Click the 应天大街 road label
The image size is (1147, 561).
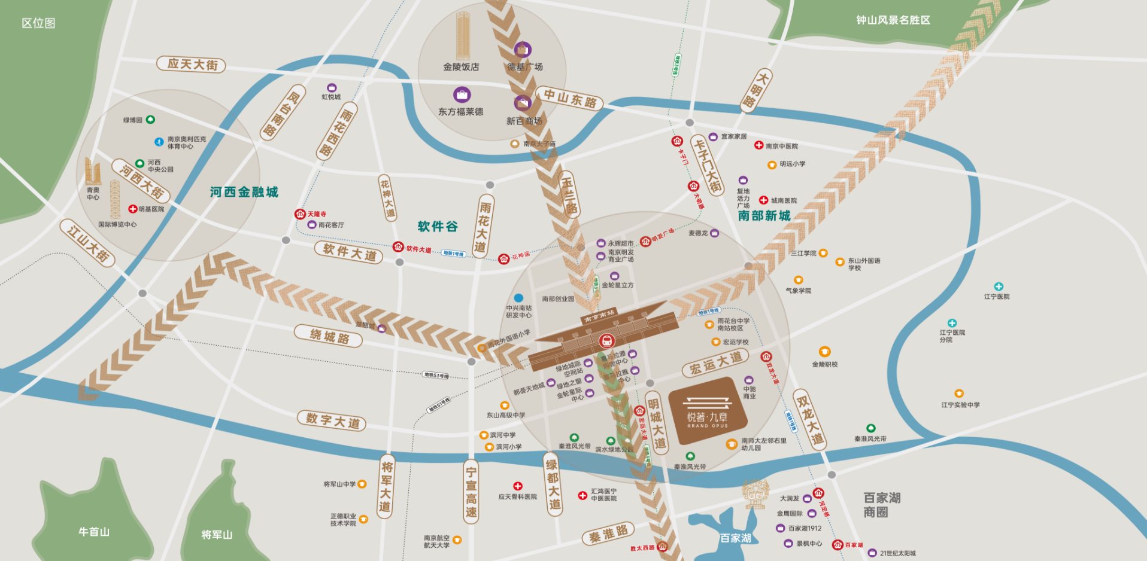(192, 64)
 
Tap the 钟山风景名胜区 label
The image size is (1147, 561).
(893, 20)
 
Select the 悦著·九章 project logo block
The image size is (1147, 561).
(707, 411)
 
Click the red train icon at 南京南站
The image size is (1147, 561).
(606, 341)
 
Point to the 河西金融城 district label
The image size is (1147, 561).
(244, 192)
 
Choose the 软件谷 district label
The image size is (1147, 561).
(438, 227)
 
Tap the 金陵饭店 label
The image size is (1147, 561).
(461, 67)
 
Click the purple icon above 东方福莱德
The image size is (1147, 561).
(462, 94)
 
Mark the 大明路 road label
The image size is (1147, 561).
(755, 89)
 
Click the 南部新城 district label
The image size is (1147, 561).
(764, 215)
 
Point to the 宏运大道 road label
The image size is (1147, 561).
(716, 362)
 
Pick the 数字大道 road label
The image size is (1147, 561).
(332, 420)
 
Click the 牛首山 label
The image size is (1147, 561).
(94, 532)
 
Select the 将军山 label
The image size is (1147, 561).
(217, 534)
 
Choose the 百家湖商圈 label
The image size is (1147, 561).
(882, 505)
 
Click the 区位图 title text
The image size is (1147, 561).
(38, 23)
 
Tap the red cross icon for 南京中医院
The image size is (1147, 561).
(758, 145)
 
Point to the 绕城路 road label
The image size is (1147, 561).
(329, 336)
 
